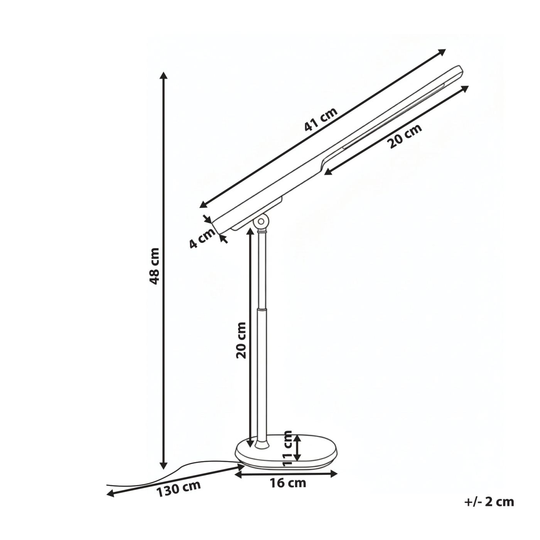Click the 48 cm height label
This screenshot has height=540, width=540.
pyautogui.click(x=154, y=266)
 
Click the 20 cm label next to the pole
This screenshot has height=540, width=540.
pyautogui.click(x=241, y=340)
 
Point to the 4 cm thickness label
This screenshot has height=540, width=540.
pyautogui.click(x=202, y=239)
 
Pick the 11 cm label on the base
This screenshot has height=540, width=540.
pyautogui.click(x=287, y=449)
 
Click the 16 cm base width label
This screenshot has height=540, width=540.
pyautogui.click(x=288, y=483)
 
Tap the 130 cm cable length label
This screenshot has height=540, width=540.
pyautogui.click(x=178, y=489)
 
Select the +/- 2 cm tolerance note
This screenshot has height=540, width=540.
pyautogui.click(x=489, y=501)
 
